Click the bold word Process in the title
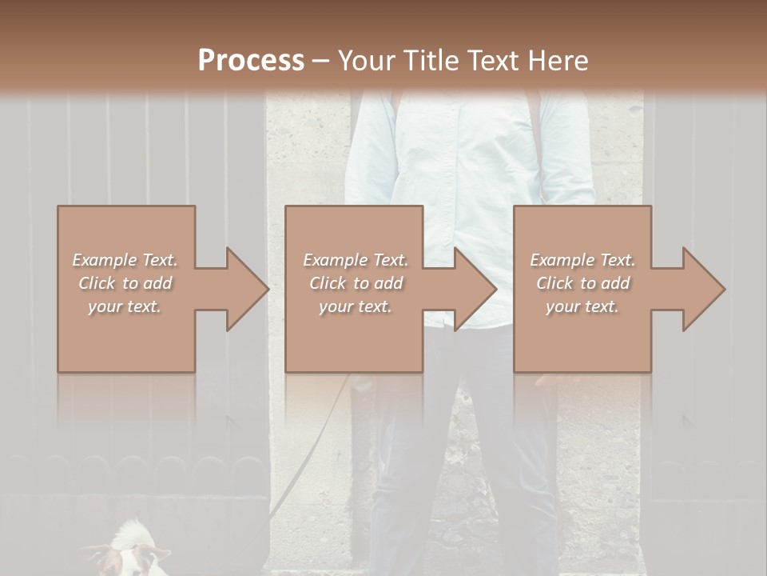click(x=251, y=60)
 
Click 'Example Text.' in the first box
click(x=125, y=260)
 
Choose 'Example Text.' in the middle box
click(x=355, y=260)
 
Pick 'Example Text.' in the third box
click(x=582, y=260)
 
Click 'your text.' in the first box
click(x=125, y=306)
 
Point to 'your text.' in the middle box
click(x=355, y=306)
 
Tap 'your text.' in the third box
click(x=582, y=306)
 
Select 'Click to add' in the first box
click(x=125, y=283)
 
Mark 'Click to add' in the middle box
click(x=355, y=283)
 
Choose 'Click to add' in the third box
click(x=582, y=283)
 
